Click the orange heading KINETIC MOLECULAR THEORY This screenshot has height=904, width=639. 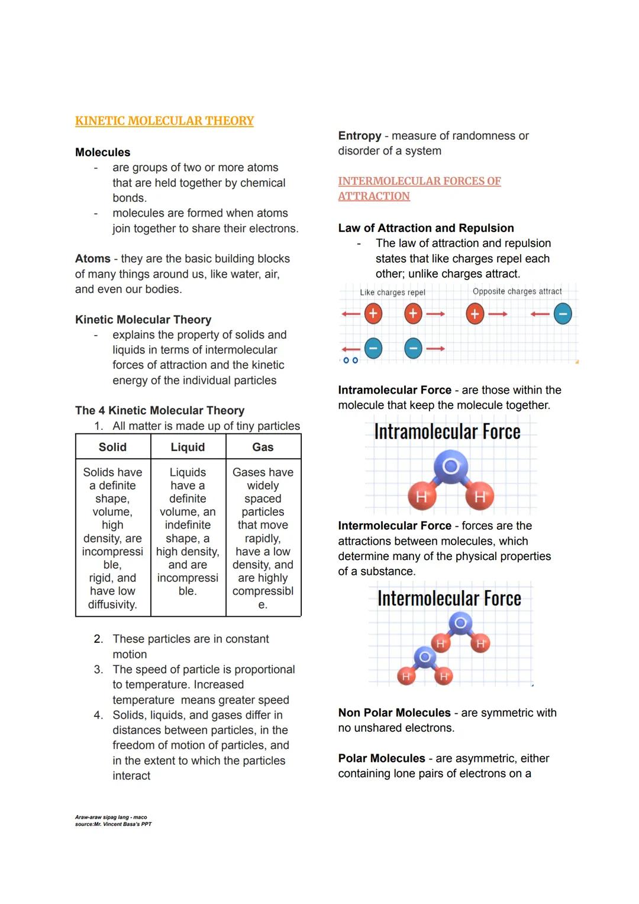(164, 121)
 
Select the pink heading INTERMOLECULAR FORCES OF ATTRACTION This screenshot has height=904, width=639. (419, 188)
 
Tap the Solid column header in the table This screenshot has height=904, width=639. (112, 447)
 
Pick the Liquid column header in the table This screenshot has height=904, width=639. (188, 447)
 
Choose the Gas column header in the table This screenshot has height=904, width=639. (263, 447)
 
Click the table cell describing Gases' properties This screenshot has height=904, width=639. (263, 538)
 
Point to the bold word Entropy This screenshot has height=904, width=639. (359, 136)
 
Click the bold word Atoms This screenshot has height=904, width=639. (92, 259)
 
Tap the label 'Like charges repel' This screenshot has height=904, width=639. (392, 292)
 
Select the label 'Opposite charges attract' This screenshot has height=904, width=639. (517, 291)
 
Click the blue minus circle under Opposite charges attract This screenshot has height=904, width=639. (563, 314)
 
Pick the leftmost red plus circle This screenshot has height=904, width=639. (373, 313)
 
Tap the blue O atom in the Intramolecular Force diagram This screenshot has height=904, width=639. (451, 467)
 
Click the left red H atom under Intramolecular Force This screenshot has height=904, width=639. (421, 496)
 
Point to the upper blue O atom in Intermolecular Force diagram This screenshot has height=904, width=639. (460, 623)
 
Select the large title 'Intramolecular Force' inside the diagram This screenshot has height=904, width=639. (447, 432)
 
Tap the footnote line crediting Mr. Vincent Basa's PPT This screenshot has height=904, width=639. (113, 824)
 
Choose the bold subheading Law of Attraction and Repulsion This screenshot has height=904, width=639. (425, 228)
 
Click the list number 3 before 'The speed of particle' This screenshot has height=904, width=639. (98, 670)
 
